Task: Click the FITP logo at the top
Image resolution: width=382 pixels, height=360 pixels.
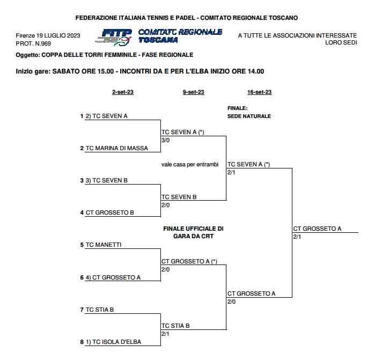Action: point(116,36)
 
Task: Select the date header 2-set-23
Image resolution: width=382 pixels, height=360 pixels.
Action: point(123,92)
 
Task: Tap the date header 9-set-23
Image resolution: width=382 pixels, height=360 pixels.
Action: point(193,92)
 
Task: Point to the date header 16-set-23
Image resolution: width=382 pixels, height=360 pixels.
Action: point(260,92)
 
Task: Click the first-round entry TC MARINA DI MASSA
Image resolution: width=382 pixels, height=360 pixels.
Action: point(117,148)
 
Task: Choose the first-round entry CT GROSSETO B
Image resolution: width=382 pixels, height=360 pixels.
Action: point(110,212)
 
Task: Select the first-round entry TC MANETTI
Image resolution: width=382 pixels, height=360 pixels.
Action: point(104,245)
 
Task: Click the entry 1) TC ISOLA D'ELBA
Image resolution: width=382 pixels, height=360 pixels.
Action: point(113,342)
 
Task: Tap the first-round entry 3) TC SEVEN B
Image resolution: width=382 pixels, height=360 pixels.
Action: point(106,180)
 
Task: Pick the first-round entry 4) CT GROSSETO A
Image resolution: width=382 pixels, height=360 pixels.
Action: point(113,277)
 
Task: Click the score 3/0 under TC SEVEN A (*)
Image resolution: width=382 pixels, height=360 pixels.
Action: point(166,140)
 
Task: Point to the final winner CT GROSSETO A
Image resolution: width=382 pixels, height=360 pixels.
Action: point(317,229)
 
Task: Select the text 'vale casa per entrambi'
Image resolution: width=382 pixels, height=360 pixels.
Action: point(190,164)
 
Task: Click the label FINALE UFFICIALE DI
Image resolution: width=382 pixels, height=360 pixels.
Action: point(193,229)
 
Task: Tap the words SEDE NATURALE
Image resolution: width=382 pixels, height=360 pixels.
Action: point(249,116)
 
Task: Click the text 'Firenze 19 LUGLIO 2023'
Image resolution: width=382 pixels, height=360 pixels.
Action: point(48,35)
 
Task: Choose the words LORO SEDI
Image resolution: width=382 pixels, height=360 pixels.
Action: point(341,43)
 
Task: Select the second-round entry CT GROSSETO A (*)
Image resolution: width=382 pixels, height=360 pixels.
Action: point(189,261)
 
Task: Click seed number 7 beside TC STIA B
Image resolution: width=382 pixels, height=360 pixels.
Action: point(82,310)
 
